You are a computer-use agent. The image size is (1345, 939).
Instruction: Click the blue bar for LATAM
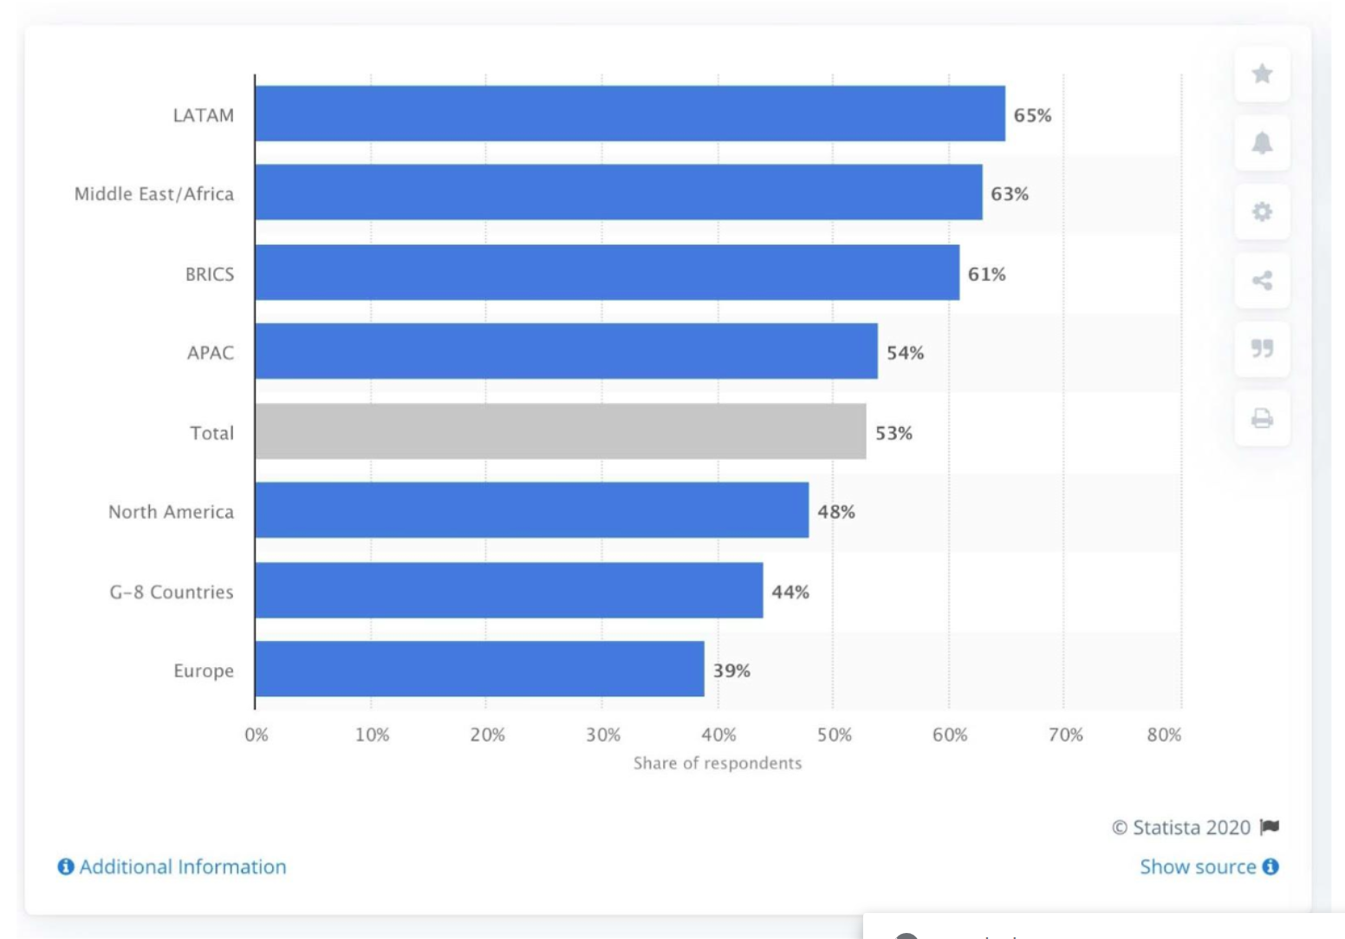[630, 113]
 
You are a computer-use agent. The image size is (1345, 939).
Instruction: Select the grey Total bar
[560, 431]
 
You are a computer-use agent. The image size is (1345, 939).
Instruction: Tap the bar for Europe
[480, 669]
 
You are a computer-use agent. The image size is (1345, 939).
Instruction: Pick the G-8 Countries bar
[510, 590]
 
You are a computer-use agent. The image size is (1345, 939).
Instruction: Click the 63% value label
[1010, 194]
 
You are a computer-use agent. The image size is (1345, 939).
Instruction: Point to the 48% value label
[835, 512]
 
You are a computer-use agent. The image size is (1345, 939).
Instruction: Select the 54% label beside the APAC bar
[905, 353]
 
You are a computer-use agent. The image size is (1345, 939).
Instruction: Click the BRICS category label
[210, 275]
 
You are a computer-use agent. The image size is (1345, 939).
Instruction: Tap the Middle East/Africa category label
[154, 194]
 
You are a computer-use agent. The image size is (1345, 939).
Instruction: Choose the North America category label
[171, 512]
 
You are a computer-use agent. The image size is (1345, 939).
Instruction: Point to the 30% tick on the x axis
[603, 735]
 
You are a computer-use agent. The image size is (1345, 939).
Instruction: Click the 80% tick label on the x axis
[1164, 735]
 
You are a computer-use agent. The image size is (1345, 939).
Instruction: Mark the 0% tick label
[257, 735]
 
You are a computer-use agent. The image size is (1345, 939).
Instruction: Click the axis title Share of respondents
[718, 762]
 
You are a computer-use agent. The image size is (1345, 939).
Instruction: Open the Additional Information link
[172, 866]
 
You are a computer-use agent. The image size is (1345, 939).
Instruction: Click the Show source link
[1209, 866]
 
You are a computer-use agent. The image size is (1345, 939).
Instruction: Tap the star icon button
[1262, 74]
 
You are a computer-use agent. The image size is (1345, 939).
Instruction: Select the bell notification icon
[1262, 143]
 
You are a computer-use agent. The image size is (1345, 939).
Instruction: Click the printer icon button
[1262, 418]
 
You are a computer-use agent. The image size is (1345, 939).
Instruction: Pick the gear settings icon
[1262, 212]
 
